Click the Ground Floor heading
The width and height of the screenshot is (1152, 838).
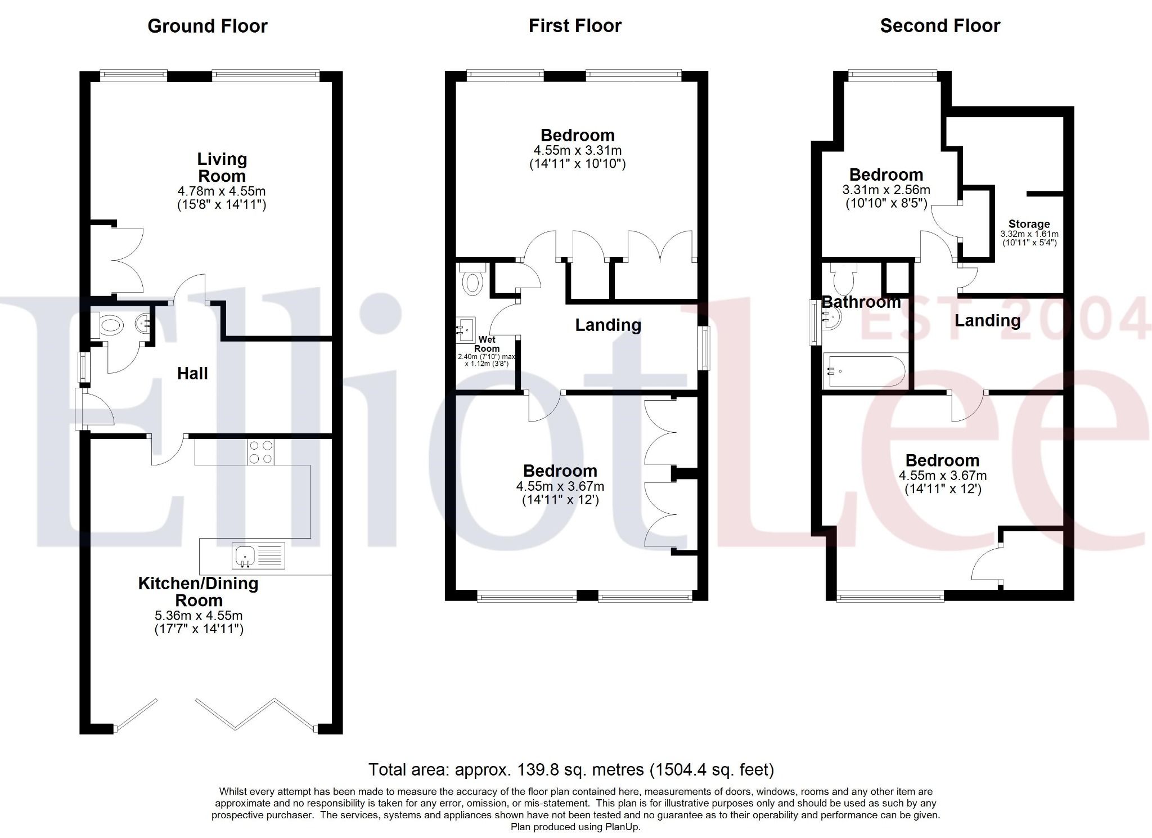point(207,26)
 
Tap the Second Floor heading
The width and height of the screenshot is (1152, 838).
point(940,26)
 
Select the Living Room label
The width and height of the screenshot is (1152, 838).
point(222,168)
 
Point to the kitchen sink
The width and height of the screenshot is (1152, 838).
point(245,555)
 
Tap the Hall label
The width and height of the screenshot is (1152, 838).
point(192,374)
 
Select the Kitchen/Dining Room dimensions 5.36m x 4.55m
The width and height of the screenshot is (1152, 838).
point(199,616)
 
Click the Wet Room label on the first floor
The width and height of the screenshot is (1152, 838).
point(487,344)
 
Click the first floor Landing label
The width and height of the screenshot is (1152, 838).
point(607,325)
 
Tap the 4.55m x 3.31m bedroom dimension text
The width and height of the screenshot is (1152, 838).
point(577,150)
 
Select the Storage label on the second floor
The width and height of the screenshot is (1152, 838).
point(1029,224)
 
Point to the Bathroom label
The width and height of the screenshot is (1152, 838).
point(861,302)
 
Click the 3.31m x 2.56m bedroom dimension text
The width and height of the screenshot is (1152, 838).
point(886,190)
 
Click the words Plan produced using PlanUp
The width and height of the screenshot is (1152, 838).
point(575,827)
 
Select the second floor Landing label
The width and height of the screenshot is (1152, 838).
point(987,321)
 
